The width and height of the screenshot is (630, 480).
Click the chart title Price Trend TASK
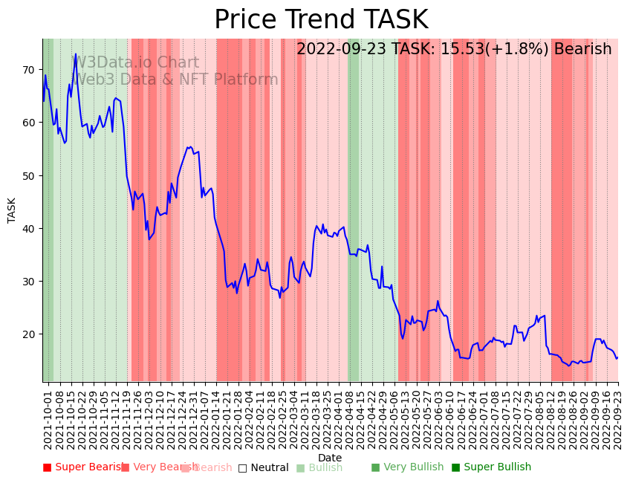click(321, 20)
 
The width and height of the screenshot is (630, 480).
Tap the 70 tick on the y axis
click(28, 70)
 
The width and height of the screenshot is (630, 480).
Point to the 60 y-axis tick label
click(28, 123)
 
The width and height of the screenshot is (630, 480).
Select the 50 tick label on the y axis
click(28, 175)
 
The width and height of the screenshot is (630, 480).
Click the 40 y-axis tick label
click(28, 228)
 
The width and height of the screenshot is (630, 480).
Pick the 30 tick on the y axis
click(28, 282)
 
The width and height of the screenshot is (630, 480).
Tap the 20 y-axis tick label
click(28, 334)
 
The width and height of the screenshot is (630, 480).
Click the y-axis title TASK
click(12, 210)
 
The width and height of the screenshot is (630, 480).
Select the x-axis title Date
click(330, 458)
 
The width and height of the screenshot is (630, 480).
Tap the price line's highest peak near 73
click(76, 54)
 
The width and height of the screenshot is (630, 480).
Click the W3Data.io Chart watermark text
click(134, 63)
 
